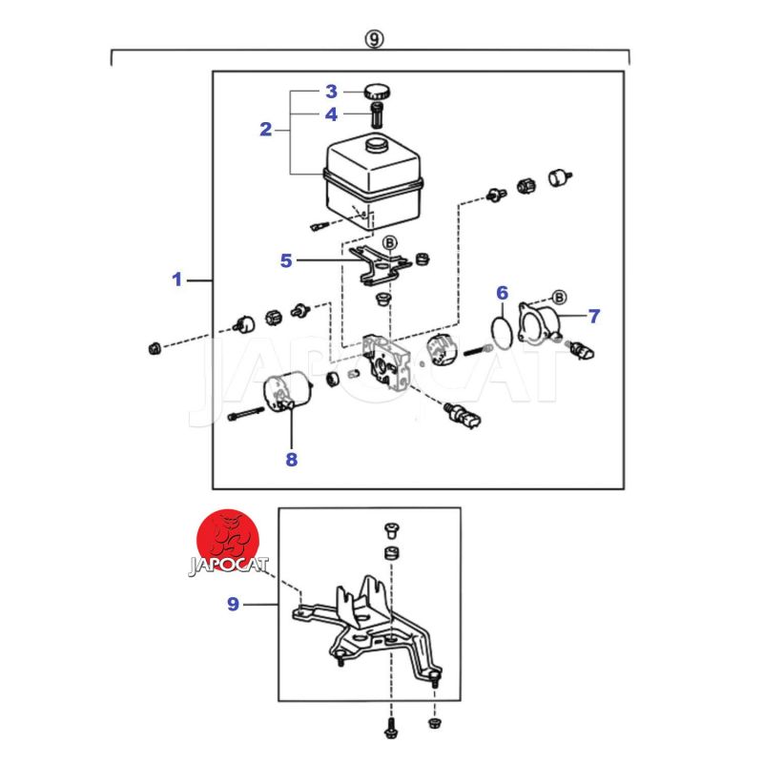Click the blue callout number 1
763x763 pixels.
(176, 279)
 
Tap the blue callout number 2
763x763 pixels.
(266, 130)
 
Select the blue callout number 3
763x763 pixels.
(331, 92)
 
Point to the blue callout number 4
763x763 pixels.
(331, 114)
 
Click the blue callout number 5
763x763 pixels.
(286, 259)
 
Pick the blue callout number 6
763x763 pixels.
(502, 293)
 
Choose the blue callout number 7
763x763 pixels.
(593, 314)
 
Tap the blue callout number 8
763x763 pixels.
(291, 460)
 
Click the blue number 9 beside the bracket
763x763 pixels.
(233, 604)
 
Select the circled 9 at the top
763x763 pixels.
(374, 39)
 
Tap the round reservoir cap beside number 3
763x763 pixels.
(376, 93)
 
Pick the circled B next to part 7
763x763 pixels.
(559, 297)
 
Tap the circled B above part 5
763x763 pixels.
(389, 243)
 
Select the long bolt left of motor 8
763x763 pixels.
(246, 416)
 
